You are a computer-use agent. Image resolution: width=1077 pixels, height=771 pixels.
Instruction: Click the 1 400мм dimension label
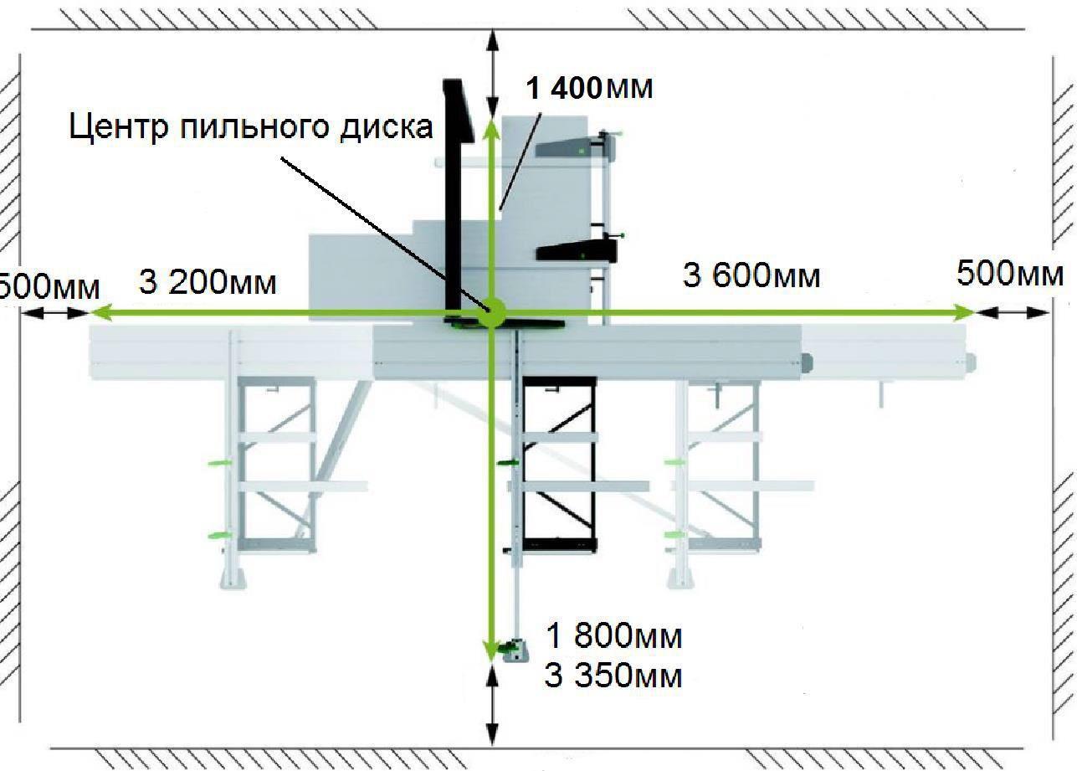click(x=589, y=89)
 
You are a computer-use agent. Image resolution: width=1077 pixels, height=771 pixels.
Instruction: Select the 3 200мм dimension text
click(x=208, y=282)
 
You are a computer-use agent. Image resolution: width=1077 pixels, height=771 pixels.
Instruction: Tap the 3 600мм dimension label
click(x=751, y=276)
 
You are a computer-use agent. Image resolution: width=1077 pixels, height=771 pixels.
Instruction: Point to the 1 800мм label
click(x=614, y=636)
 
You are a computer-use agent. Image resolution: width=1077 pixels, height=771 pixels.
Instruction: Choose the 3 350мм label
click(x=613, y=676)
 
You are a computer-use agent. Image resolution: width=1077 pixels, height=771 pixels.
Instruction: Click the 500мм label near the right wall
click(x=1010, y=274)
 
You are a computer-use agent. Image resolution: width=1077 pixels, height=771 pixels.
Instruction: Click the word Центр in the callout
click(x=119, y=127)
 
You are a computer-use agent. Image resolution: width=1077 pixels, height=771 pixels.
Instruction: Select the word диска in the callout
click(x=387, y=127)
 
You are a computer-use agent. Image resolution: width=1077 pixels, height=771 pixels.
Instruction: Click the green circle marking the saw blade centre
click(x=491, y=312)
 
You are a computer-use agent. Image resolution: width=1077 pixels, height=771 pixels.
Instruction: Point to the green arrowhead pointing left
click(x=100, y=313)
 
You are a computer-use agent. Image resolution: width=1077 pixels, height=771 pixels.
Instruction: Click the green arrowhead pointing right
click(x=964, y=313)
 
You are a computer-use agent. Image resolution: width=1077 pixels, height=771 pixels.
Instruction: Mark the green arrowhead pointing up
click(x=491, y=127)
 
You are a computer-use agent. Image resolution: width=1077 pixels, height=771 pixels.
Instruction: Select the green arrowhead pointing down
click(x=491, y=650)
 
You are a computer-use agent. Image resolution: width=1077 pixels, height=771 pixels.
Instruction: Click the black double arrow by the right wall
click(x=1013, y=313)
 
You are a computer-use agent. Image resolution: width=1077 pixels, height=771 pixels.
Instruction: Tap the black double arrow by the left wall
click(x=55, y=313)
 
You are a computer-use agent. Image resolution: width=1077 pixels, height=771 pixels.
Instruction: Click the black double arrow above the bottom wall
click(x=491, y=706)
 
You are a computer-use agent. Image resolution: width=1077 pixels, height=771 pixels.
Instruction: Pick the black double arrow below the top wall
click(x=491, y=73)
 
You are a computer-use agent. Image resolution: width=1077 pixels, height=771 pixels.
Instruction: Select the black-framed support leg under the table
click(x=559, y=464)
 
